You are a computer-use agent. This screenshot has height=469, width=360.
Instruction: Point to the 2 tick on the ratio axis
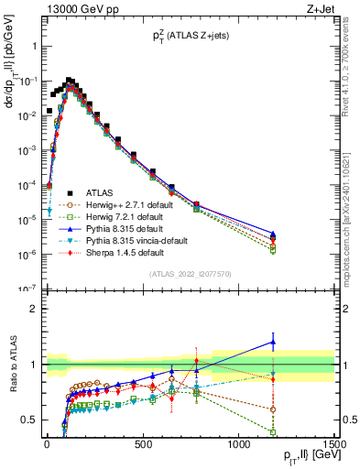(32, 309)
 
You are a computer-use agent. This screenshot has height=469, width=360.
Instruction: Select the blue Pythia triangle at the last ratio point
(297, 342)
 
